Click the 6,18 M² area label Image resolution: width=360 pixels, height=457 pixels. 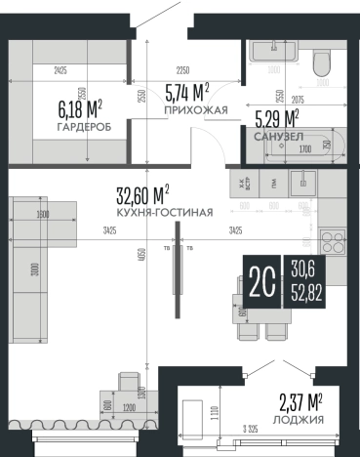coord(80,106)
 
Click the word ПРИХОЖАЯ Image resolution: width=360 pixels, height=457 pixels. coord(195,111)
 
